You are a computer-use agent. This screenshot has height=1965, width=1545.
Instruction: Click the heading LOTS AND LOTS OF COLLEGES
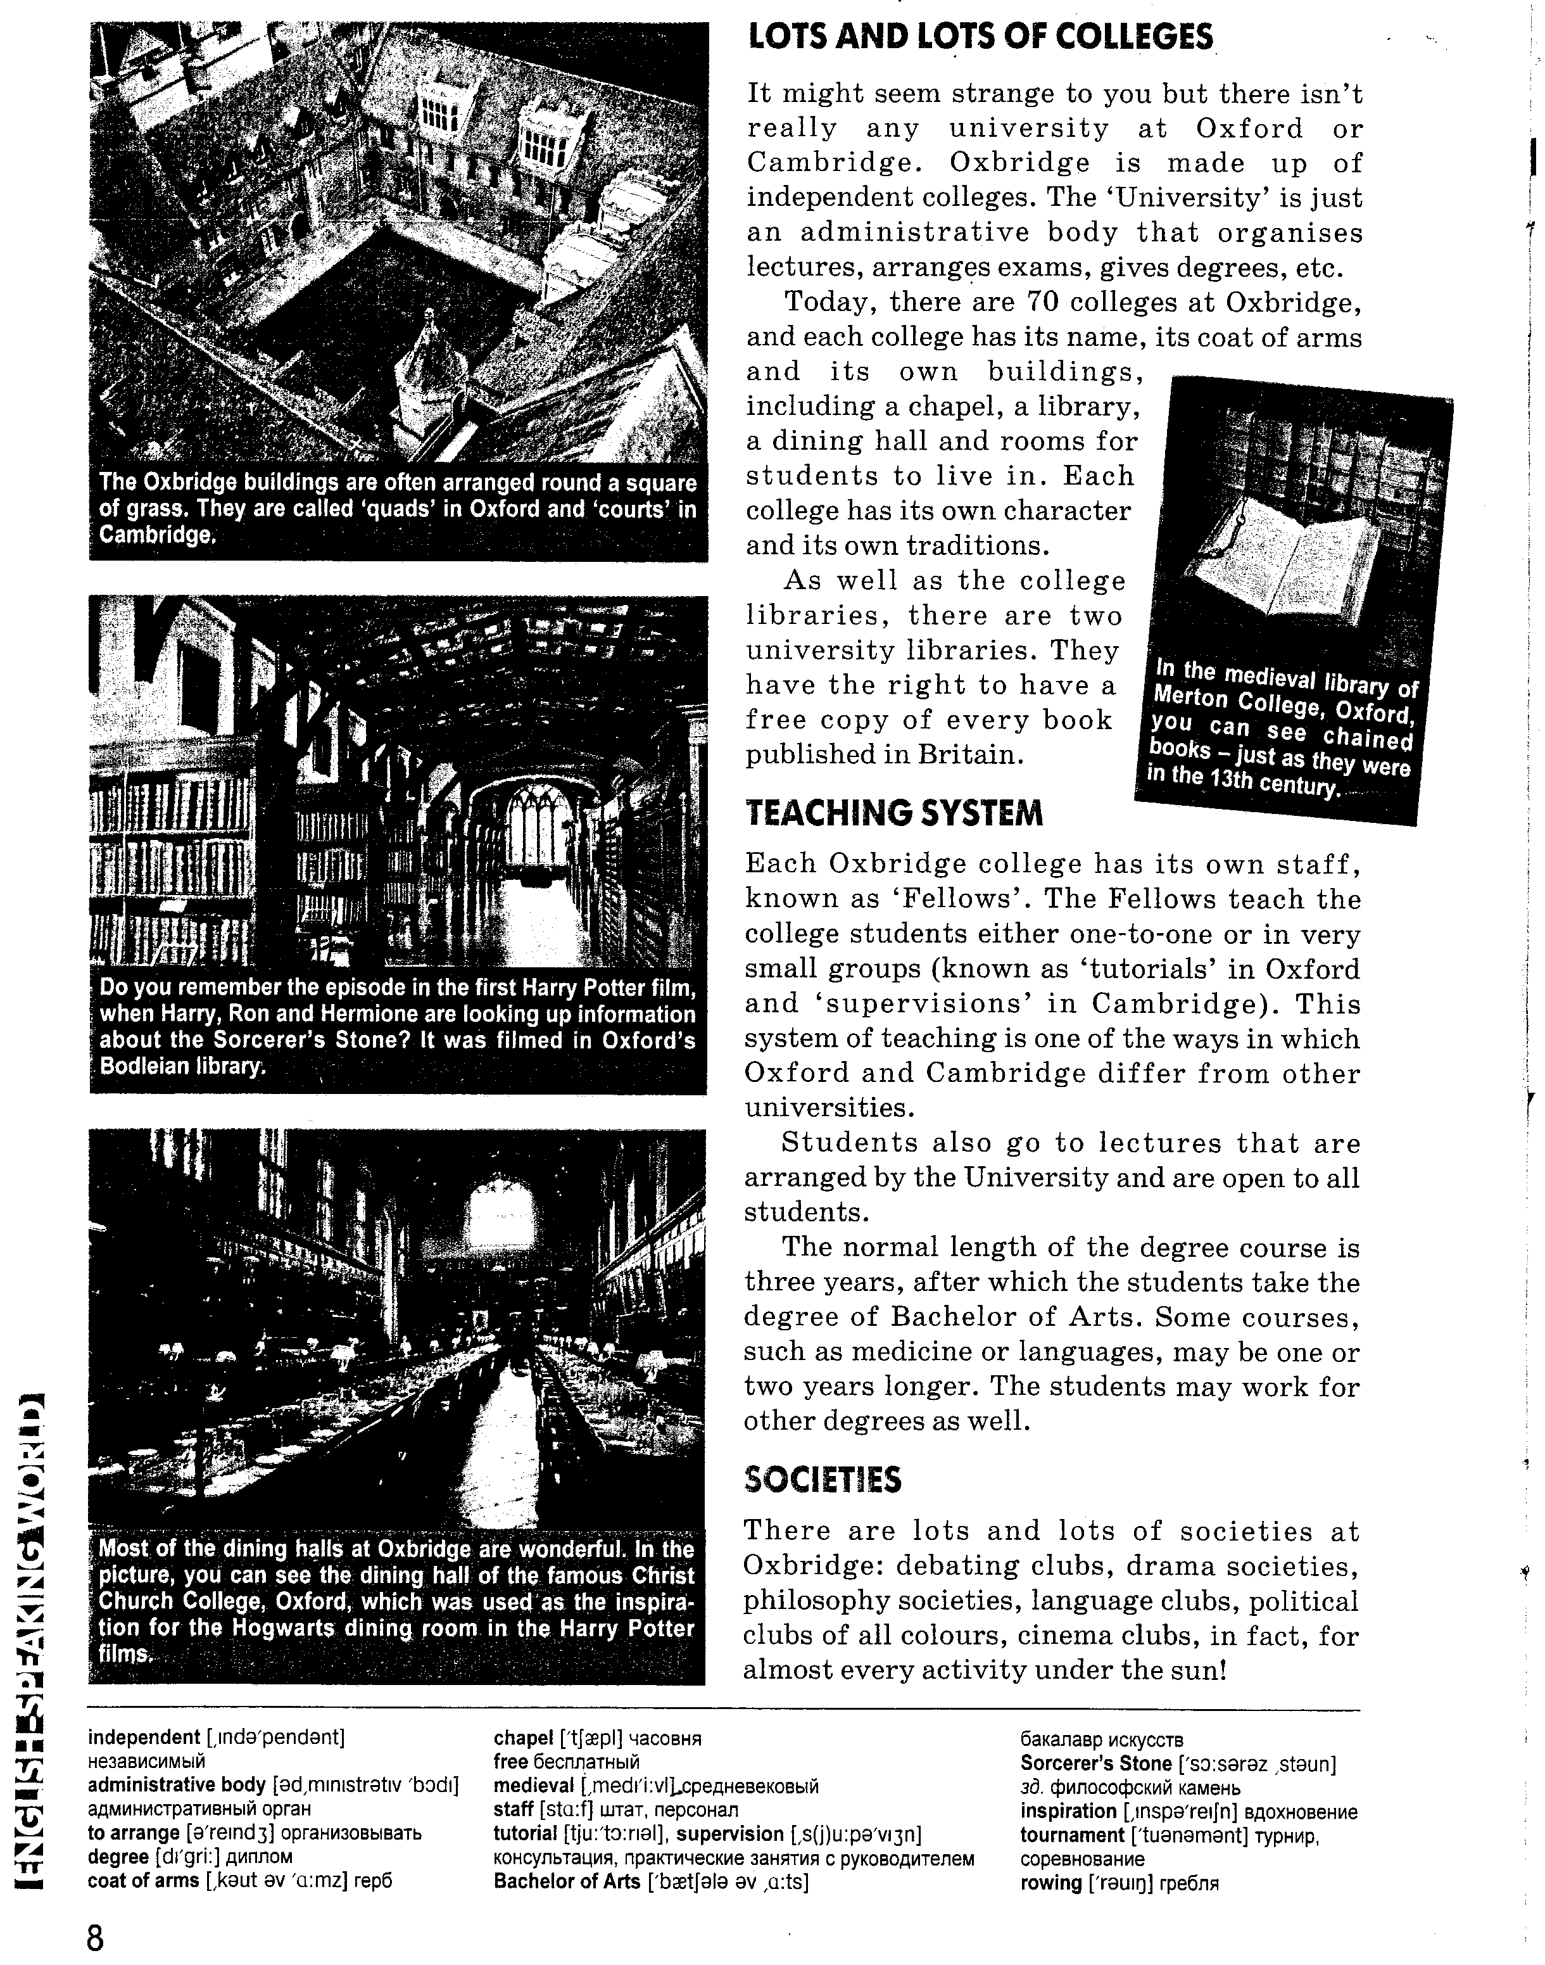coord(981,39)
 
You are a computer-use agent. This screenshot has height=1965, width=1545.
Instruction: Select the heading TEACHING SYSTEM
coord(893,813)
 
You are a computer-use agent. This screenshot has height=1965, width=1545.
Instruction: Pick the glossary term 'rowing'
coord(1050,1882)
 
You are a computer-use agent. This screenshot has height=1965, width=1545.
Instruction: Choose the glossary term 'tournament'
coord(1072,1835)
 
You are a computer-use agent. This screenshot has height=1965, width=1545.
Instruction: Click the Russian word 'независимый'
coord(146,1762)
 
